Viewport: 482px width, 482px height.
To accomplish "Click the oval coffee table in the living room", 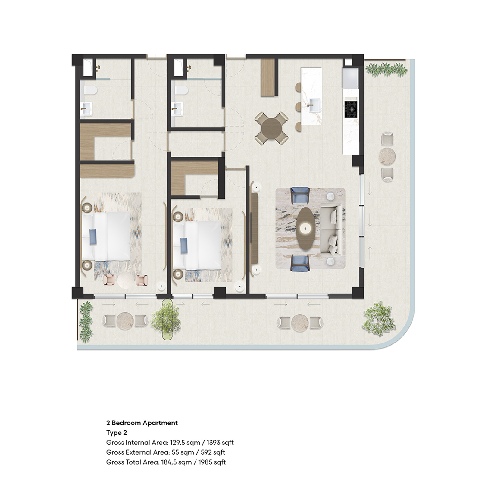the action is point(306,228).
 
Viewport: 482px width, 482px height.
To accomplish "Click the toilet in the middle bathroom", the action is point(182,89).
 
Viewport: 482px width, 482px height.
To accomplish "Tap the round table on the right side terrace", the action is point(387,156).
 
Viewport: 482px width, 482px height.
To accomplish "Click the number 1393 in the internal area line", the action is point(213,443).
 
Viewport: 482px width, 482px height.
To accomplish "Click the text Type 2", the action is point(117,433).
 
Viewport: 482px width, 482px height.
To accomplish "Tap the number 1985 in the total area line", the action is point(205,462).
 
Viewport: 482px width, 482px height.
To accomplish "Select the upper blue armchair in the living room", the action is point(300,195).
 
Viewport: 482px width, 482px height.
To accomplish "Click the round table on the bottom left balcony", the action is point(125,321).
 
